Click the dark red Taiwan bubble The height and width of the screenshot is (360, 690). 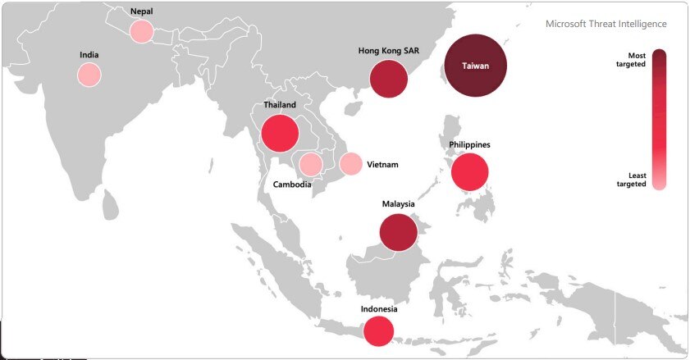click(476, 66)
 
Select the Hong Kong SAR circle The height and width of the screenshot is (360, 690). click(389, 80)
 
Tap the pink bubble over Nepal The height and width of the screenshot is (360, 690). click(141, 31)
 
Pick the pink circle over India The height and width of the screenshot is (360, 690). click(89, 75)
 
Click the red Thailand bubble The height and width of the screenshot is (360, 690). click(278, 132)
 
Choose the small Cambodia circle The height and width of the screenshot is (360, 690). click(310, 164)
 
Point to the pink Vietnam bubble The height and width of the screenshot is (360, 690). click(350, 164)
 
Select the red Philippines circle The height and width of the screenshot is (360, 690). click(470, 172)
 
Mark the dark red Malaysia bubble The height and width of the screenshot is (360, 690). click(399, 232)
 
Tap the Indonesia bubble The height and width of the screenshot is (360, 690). click(378, 331)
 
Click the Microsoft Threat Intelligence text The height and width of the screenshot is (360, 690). click(606, 25)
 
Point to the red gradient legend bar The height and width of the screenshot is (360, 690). click(660, 119)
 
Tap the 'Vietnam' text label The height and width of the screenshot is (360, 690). click(382, 165)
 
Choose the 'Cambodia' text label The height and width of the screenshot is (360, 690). click(292, 185)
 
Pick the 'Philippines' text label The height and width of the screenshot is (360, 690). click(470, 145)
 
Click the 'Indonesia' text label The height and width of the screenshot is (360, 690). click(379, 309)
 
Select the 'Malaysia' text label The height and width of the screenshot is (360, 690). click(399, 203)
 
